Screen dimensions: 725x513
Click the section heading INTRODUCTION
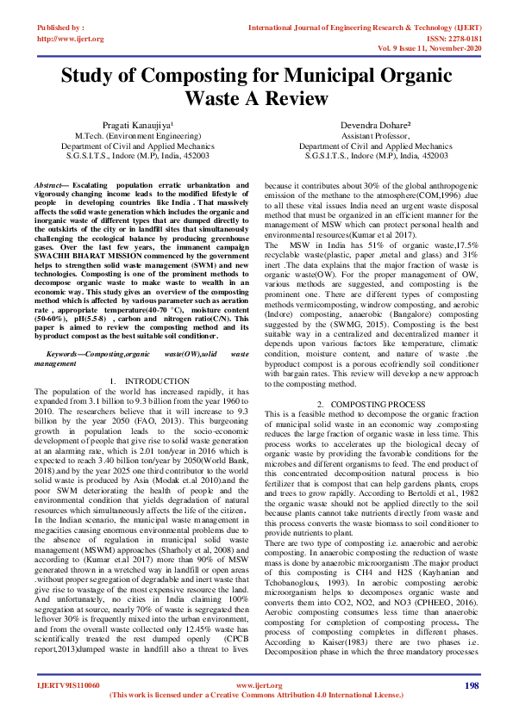(157, 381)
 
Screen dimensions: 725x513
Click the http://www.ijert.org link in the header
(71, 39)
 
